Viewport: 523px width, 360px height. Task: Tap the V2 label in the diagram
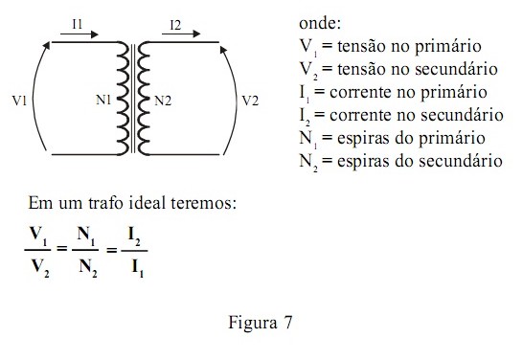click(x=249, y=100)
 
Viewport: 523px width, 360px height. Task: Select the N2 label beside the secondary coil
click(x=164, y=100)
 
